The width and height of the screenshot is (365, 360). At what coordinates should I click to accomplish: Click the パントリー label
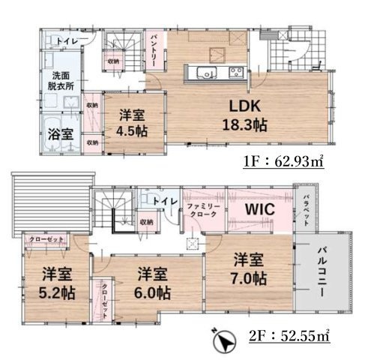(153, 52)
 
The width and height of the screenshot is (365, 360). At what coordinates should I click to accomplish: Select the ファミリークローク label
(202, 211)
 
